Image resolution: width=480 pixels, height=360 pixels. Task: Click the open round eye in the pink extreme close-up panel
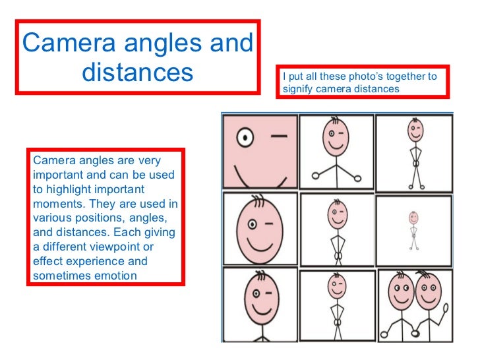(x=245, y=138)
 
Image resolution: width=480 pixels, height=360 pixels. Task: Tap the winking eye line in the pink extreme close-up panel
(x=280, y=137)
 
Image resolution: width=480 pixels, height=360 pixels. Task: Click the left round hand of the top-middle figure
(x=315, y=175)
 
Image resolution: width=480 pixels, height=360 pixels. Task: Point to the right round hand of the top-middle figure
(x=359, y=175)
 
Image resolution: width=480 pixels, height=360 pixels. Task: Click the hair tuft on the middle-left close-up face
(x=256, y=199)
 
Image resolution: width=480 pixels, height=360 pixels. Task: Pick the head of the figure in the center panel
(x=336, y=214)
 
